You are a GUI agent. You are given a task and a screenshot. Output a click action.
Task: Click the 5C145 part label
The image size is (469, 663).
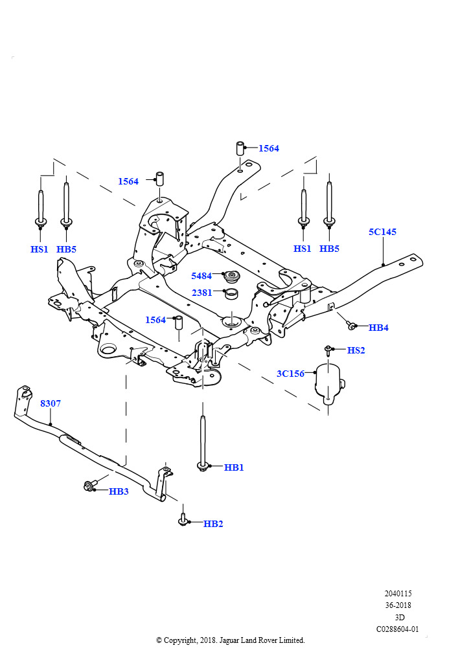[x=382, y=232]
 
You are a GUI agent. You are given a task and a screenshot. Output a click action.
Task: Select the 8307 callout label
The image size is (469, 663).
[x=51, y=403]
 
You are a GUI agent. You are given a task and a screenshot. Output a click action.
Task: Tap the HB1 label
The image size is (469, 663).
[x=234, y=467]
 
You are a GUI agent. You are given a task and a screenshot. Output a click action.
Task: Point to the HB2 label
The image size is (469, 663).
[x=213, y=523]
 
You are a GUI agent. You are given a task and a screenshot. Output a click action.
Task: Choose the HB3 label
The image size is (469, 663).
[x=119, y=491]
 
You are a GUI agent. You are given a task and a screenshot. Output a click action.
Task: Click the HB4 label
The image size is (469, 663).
[x=378, y=327]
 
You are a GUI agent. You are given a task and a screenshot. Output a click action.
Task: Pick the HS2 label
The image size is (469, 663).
[x=356, y=350]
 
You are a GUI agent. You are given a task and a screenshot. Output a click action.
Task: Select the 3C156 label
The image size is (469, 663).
[x=291, y=374]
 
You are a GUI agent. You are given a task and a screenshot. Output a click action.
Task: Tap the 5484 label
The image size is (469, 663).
[x=201, y=276]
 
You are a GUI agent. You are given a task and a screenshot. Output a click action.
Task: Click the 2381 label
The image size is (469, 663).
[x=201, y=293]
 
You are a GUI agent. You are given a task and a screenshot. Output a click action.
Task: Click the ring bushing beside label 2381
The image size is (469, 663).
[x=231, y=293]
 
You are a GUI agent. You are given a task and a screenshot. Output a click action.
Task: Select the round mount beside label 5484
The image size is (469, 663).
[x=231, y=277]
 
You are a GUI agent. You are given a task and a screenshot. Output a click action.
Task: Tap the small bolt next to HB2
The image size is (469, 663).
[x=183, y=520]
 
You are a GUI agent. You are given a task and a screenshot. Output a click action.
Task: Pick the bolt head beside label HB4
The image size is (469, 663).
[x=350, y=326]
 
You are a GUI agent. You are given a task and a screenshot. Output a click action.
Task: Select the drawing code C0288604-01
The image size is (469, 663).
[x=398, y=629]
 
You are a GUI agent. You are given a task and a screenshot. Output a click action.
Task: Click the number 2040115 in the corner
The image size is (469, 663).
[x=398, y=594]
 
